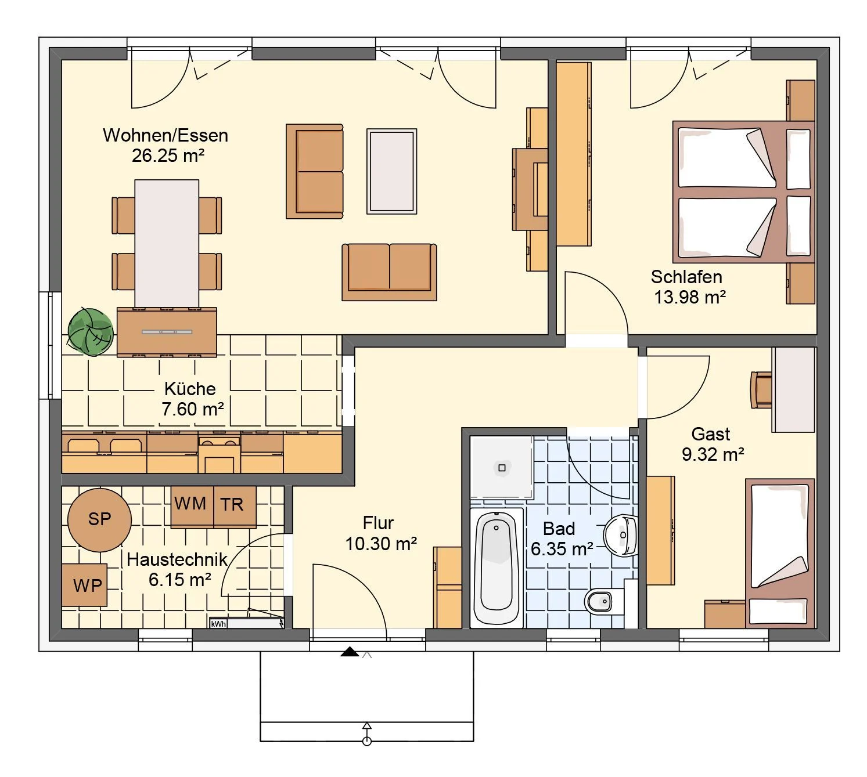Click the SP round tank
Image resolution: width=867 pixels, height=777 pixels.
pyautogui.click(x=99, y=519)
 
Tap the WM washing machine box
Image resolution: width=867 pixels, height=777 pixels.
pyautogui.click(x=192, y=506)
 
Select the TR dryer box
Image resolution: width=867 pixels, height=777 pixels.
pyautogui.click(x=235, y=506)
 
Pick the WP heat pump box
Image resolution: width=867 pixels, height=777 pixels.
pyautogui.click(x=84, y=585)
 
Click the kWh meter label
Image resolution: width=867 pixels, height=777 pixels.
pyautogui.click(x=218, y=624)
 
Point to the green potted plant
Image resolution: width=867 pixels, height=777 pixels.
pyautogui.click(x=90, y=332)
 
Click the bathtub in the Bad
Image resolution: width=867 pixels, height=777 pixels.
pyautogui.click(x=497, y=568)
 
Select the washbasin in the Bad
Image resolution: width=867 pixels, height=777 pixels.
pyautogui.click(x=621, y=536)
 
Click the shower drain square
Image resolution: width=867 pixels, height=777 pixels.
pyautogui.click(x=502, y=468)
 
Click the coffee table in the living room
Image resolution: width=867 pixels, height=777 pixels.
pyautogui.click(x=391, y=171)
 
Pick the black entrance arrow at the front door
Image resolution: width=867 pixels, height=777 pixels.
pyautogui.click(x=350, y=652)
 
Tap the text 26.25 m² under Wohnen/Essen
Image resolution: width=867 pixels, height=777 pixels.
pyautogui.click(x=168, y=156)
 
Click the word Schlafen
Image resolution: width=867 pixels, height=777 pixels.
pyautogui.click(x=686, y=277)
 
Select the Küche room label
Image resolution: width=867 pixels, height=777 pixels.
pyautogui.click(x=190, y=389)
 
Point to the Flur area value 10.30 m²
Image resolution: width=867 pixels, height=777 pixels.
pyautogui.click(x=381, y=544)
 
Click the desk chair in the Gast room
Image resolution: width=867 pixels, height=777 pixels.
pyautogui.click(x=761, y=389)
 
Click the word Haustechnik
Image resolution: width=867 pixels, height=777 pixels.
pyautogui.click(x=177, y=560)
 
